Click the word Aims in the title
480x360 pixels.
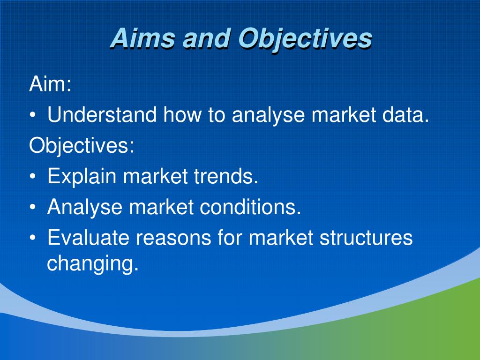coord(142,38)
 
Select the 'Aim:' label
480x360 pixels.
coord(50,84)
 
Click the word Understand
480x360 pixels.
coord(102,115)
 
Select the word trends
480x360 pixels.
coord(226,176)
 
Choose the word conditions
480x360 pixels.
coord(250,207)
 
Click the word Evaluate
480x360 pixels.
coord(88,238)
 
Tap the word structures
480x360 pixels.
coord(366,238)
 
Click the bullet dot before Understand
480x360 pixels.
coord(32,115)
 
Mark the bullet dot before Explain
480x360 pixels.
coord(32,177)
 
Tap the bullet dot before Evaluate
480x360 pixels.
coord(32,238)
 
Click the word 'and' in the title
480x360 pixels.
coord(207,38)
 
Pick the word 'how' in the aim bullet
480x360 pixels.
coord(182,115)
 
